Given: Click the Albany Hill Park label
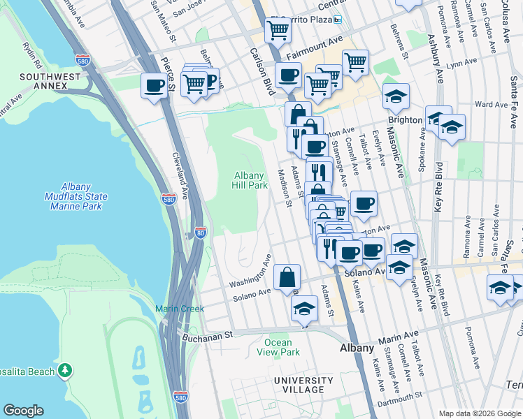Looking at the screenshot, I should (250, 180).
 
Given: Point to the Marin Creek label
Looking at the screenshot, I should (179, 309).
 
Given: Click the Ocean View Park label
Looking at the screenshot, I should (282, 347).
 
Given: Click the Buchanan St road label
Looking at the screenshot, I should (207, 336).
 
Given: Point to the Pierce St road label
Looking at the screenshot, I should (167, 54).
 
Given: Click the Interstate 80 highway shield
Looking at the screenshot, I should (200, 232).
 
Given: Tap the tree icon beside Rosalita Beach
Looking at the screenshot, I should (65, 369).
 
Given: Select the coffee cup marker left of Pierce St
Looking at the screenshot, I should (154, 86).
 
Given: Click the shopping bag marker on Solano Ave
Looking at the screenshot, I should (287, 277).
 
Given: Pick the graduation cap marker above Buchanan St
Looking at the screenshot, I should (304, 309).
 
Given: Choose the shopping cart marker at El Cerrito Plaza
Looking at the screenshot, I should (278, 31).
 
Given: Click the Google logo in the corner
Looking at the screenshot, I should (23, 411).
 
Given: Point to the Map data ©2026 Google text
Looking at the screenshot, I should (479, 413).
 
